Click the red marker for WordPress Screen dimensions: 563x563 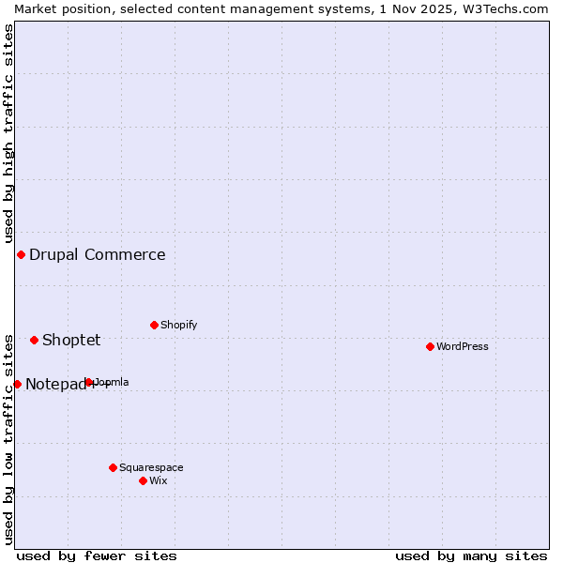click(x=430, y=346)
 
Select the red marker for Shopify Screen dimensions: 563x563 click(x=154, y=325)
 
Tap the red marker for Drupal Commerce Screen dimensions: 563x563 click(x=21, y=254)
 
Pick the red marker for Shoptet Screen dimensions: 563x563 click(x=34, y=340)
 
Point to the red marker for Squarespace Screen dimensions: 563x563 click(x=113, y=467)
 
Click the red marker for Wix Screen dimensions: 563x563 click(x=143, y=480)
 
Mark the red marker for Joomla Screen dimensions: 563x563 click(x=88, y=382)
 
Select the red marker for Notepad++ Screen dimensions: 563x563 click(x=17, y=384)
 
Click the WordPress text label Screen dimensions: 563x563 click(x=463, y=346)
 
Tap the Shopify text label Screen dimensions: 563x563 click(x=178, y=325)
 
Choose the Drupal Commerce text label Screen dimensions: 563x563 click(x=98, y=254)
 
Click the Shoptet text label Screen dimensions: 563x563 click(x=71, y=340)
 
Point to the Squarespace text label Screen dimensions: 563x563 click(x=151, y=467)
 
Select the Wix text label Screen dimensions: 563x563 click(x=158, y=480)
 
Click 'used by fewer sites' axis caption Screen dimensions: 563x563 click(x=97, y=555)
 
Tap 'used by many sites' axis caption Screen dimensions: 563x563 click(x=471, y=555)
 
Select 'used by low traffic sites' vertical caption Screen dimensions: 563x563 click(x=8, y=439)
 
